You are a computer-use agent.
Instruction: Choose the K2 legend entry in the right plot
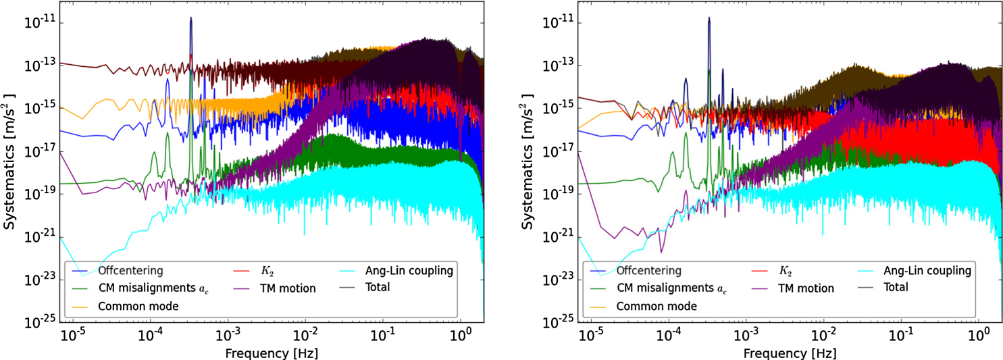click(x=785, y=271)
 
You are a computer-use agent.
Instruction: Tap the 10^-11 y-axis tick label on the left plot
click(x=41, y=23)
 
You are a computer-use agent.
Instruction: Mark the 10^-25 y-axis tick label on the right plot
click(x=559, y=322)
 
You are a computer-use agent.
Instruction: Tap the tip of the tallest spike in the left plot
click(x=191, y=18)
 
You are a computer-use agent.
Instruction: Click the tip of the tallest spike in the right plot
click(x=709, y=18)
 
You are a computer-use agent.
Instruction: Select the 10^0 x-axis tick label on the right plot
click(x=978, y=334)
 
